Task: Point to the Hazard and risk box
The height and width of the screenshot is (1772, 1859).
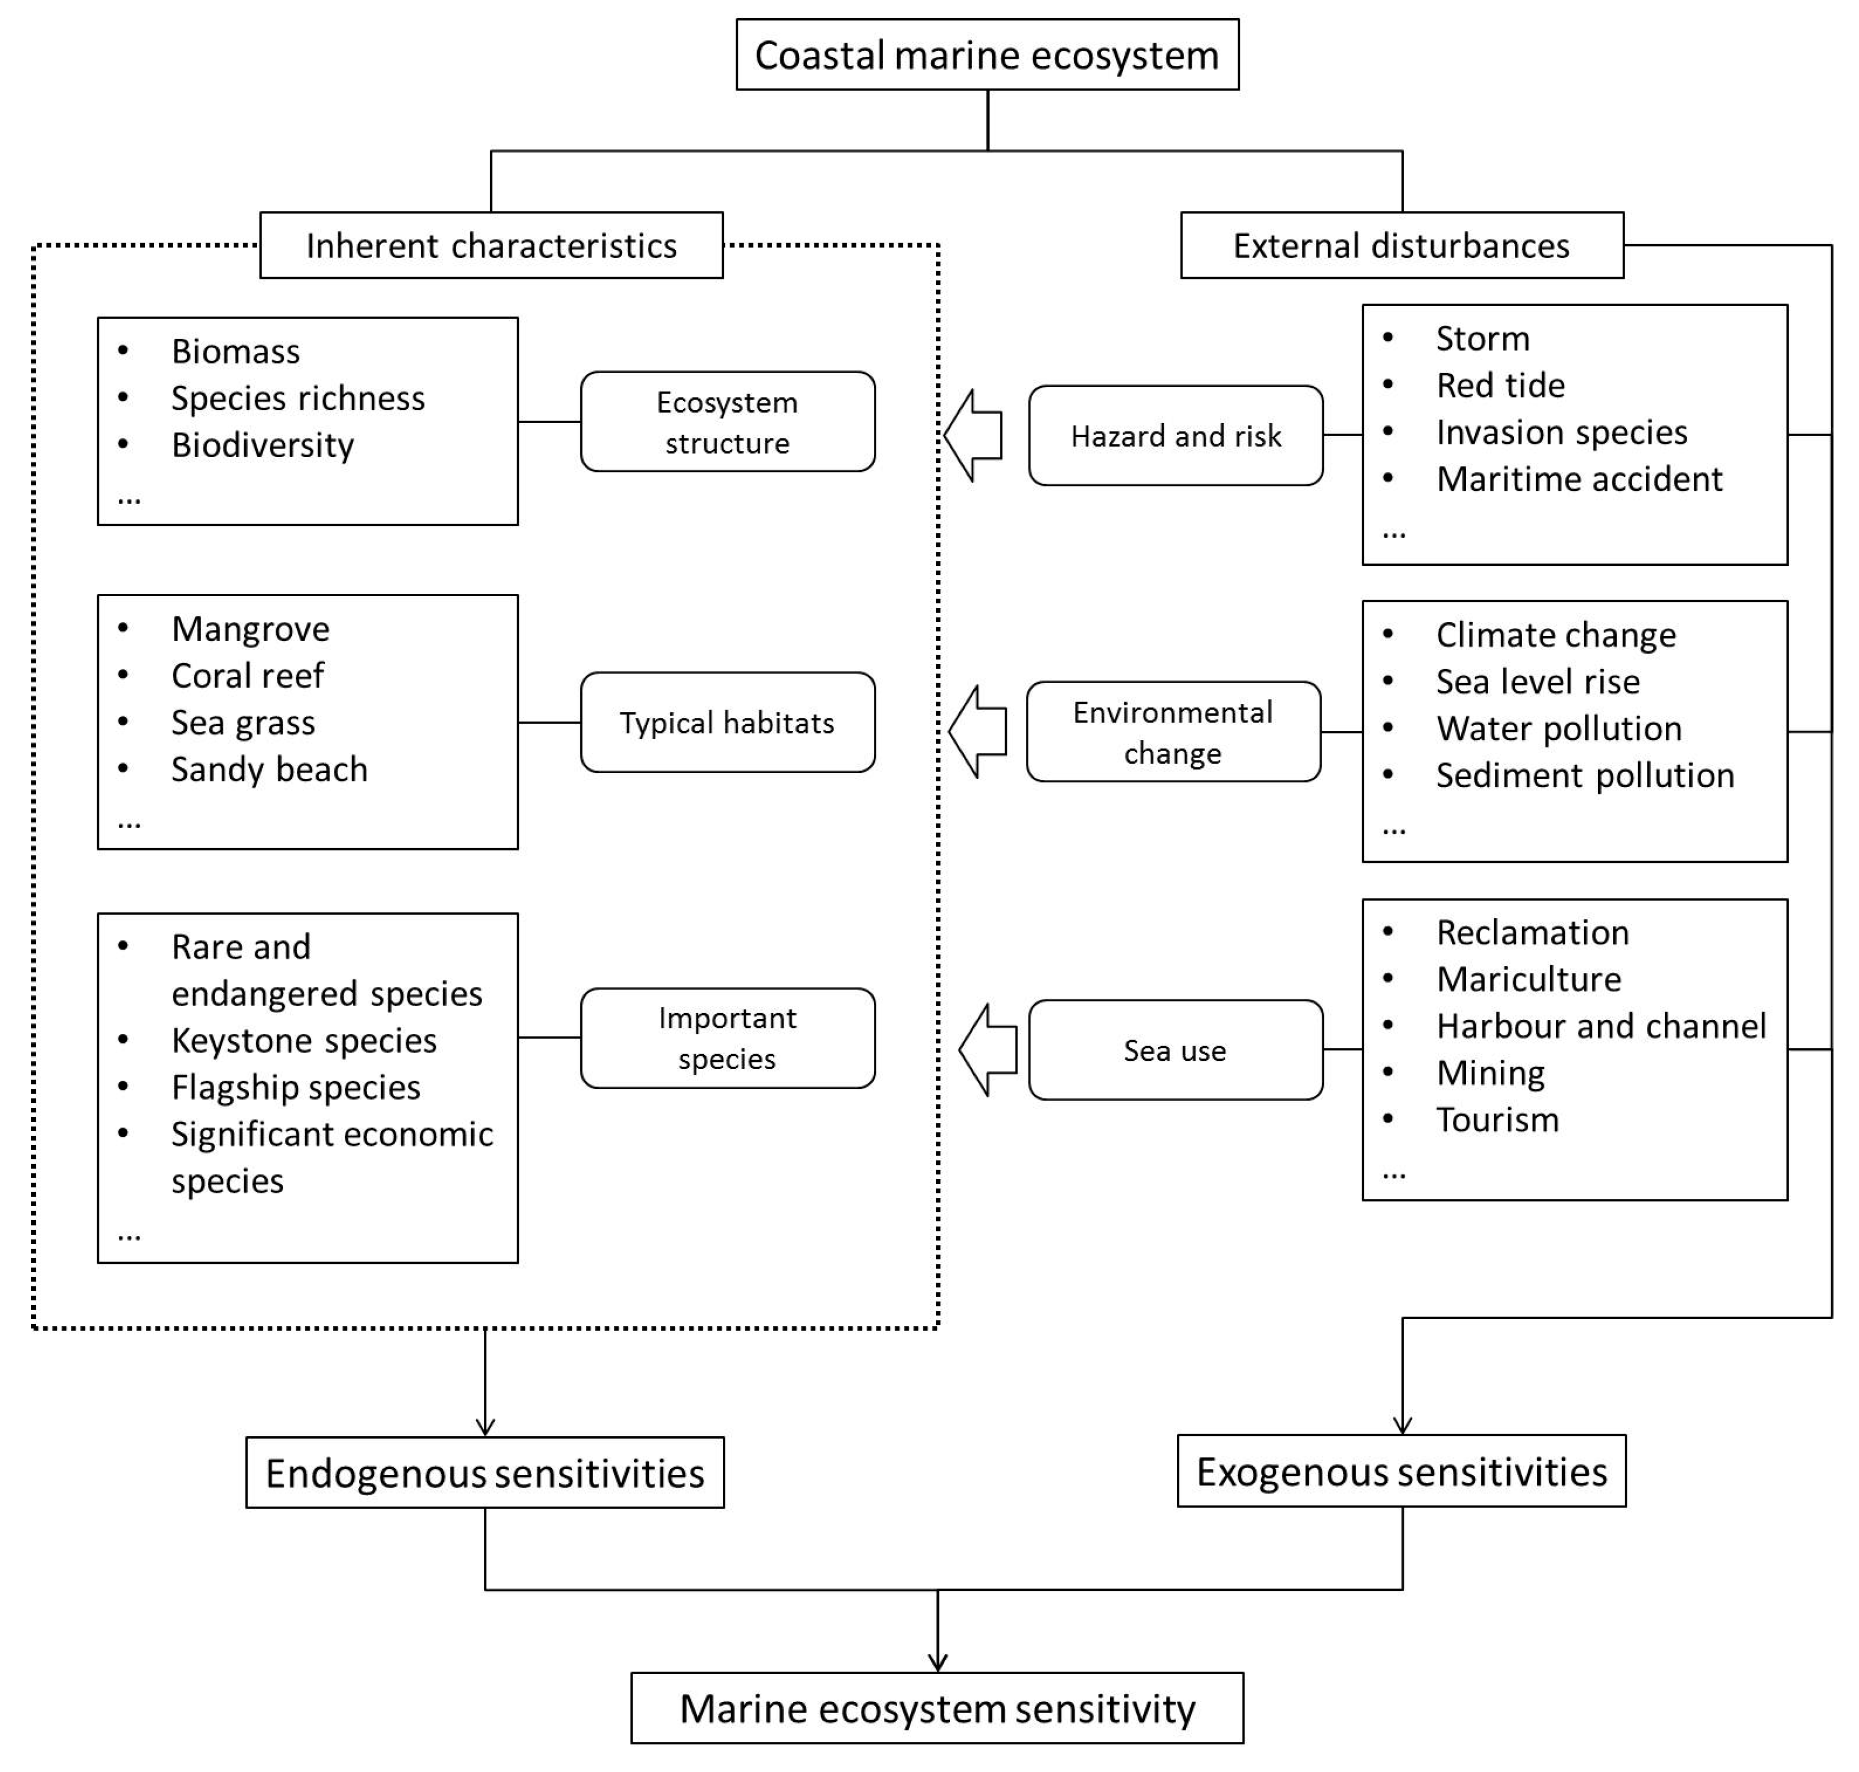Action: tap(1175, 435)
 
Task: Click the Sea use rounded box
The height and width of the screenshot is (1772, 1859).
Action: tap(1175, 1050)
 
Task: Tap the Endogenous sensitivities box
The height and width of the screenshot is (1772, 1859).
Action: tap(485, 1474)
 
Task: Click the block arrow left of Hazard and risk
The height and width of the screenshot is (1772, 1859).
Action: tap(973, 435)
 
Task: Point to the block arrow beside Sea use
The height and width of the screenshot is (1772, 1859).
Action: tap(987, 1050)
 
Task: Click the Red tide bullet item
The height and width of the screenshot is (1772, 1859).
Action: tap(1500, 385)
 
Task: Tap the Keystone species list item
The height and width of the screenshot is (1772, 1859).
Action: tap(303, 1040)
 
